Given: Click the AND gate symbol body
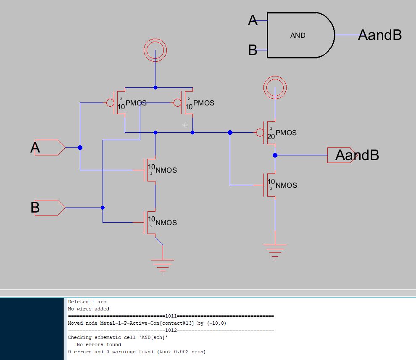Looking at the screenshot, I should (x=298, y=35).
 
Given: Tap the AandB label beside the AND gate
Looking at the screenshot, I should (x=380, y=35).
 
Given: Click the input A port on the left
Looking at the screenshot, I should (x=49, y=148).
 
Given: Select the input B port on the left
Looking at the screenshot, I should (x=49, y=208).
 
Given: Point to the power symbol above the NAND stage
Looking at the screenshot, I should (x=155, y=51).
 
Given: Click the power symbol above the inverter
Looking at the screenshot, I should (x=275, y=88).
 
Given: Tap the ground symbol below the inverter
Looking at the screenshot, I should (x=275, y=250).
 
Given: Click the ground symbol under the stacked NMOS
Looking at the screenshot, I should (x=163, y=265).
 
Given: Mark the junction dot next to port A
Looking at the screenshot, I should (x=80, y=148).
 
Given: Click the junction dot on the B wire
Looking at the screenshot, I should (x=103, y=208).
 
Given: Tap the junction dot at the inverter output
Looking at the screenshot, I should (x=275, y=155).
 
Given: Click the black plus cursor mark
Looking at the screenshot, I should (x=185, y=125).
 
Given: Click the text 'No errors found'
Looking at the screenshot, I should (x=98, y=344).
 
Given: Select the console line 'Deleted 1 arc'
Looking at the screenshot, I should (x=87, y=302).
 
